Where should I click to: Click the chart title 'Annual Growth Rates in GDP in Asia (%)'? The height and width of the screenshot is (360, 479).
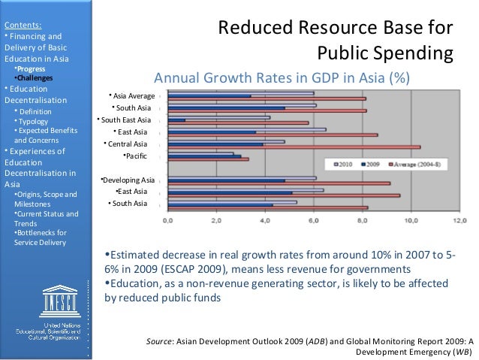pos(282,78)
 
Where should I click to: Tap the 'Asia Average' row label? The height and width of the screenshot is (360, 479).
pos(131,95)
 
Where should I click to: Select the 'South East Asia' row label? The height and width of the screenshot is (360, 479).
pos(125,119)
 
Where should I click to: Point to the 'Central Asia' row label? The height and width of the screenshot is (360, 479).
pos(128,144)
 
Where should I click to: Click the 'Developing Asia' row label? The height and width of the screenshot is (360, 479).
pos(127,180)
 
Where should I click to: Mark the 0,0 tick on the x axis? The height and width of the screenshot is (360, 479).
pos(167,221)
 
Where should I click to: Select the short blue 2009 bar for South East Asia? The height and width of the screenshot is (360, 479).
pos(177,119)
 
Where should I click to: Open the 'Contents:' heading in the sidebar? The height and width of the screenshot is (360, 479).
pos(20,24)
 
